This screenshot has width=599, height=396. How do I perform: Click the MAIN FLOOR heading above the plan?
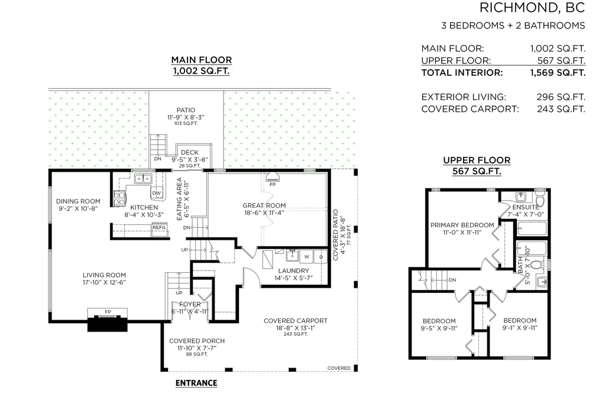[x=201, y=60]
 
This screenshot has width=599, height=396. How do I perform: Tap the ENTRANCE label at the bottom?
[x=196, y=383]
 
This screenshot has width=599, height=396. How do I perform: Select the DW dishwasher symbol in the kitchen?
[x=157, y=193]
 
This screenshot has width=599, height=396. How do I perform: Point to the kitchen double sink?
[x=143, y=179]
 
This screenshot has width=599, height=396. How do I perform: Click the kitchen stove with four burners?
[x=119, y=198]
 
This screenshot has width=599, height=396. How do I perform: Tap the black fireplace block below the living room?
[x=108, y=324]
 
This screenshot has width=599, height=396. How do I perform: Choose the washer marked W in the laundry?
[x=306, y=257]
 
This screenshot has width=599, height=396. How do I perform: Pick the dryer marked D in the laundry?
[x=321, y=257]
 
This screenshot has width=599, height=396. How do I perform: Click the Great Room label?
[x=264, y=205]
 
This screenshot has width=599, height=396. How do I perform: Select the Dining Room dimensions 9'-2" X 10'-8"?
[x=78, y=209]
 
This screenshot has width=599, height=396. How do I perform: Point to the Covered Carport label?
[x=295, y=321]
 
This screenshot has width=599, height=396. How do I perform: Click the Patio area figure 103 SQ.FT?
[x=186, y=124]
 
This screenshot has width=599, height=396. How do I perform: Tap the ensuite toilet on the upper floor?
[x=540, y=200]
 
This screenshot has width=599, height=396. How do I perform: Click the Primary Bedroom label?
[x=462, y=225]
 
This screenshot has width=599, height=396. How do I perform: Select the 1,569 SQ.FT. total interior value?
[x=558, y=73]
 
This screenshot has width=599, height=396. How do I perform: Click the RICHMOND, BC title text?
[x=532, y=7]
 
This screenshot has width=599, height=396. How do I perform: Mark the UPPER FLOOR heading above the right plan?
[x=477, y=160]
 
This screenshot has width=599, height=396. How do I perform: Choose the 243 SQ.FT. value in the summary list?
[x=561, y=109]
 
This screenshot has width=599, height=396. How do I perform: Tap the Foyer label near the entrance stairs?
[x=190, y=304]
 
